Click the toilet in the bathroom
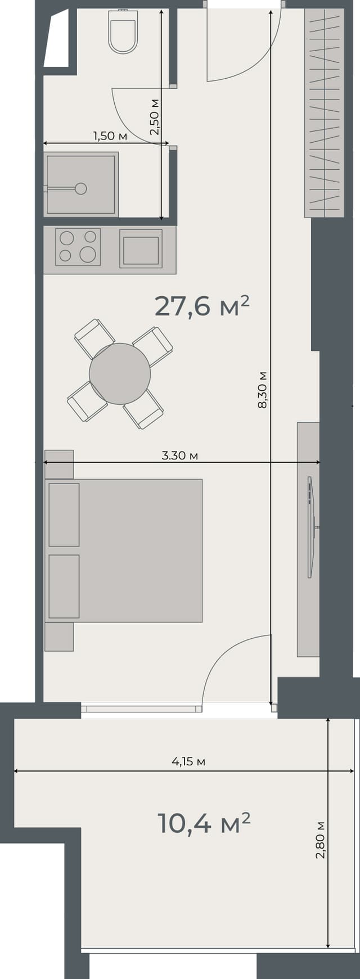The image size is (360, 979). (x=123, y=33)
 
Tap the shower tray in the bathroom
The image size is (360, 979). (x=81, y=184)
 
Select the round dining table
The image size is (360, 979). (x=120, y=373)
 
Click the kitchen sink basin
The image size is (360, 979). (x=141, y=250)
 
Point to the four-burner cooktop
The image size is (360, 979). (x=78, y=246)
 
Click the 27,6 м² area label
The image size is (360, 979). (x=201, y=306)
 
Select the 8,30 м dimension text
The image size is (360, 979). (x=262, y=389)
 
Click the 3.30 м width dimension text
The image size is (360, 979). (x=179, y=455)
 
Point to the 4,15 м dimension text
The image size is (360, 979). (x=188, y=761)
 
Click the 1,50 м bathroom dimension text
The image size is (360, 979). (x=110, y=136)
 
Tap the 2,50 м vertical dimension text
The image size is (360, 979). (x=155, y=117)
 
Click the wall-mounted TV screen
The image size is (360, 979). (x=309, y=527)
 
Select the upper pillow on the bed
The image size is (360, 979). (x=64, y=514)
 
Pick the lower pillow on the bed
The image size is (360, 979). (x=64, y=586)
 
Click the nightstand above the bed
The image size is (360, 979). (x=59, y=463)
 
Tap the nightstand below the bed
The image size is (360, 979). (x=59, y=637)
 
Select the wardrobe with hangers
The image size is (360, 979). (x=324, y=112)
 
